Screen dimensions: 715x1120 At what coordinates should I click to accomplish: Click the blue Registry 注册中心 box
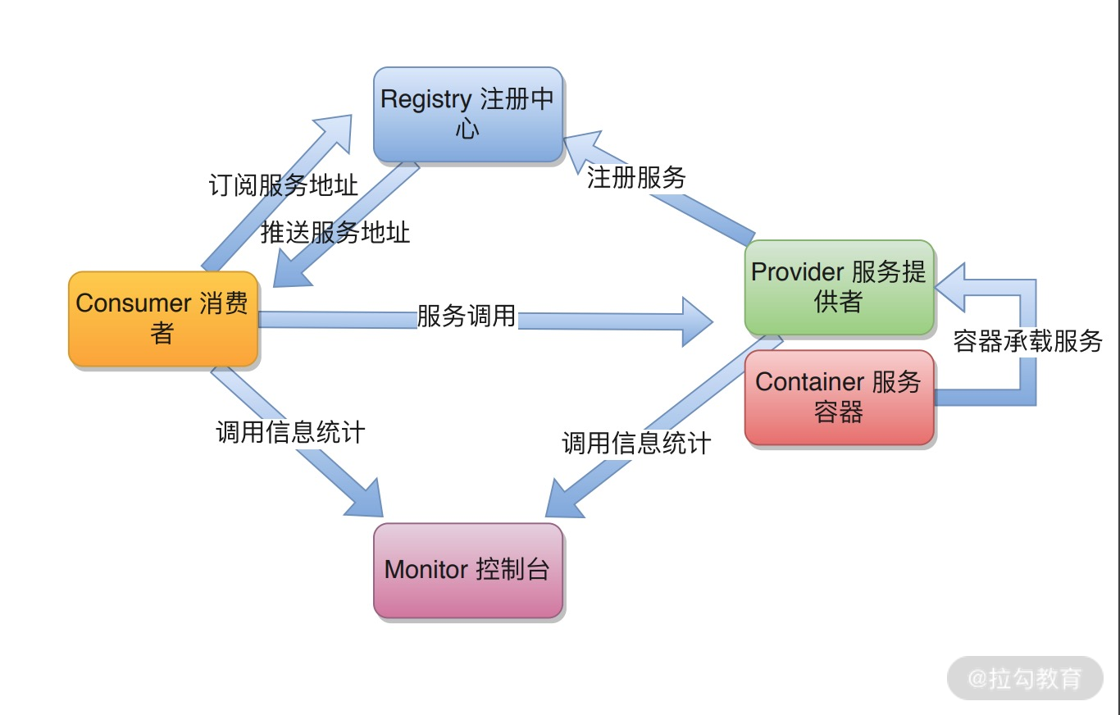[467, 114]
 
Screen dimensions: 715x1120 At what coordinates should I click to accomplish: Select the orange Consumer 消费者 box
[162, 318]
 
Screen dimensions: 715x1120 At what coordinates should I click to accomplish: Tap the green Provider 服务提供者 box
[839, 287]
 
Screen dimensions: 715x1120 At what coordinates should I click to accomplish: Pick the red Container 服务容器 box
[839, 398]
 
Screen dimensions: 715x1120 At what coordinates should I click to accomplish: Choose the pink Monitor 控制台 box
[467, 570]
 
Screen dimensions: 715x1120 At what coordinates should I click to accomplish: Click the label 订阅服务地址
[284, 185]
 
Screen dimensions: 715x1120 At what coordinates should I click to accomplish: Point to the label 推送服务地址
[335, 233]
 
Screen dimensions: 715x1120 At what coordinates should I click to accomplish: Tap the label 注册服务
[636, 177]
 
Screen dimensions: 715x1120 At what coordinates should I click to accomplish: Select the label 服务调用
[467, 316]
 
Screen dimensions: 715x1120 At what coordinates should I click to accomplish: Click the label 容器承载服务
[1027, 341]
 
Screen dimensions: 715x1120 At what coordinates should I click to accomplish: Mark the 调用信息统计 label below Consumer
[290, 431]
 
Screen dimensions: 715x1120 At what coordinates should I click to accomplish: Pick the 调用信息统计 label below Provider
[636, 444]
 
